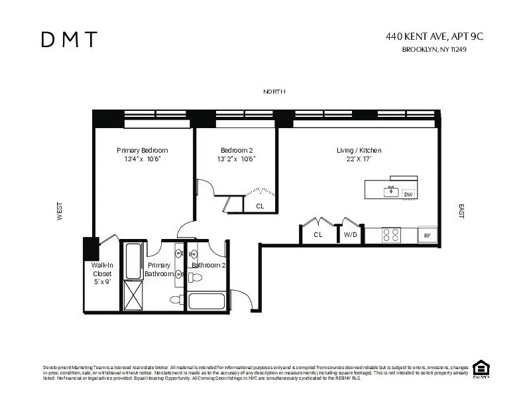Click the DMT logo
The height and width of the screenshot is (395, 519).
pyautogui.click(x=69, y=40)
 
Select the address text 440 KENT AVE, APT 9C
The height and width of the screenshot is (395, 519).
pyautogui.click(x=434, y=37)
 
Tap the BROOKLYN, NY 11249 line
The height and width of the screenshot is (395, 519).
pyautogui.click(x=434, y=49)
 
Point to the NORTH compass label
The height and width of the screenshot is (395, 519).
pyautogui.click(x=274, y=92)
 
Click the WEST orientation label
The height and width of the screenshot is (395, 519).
pyautogui.click(x=60, y=212)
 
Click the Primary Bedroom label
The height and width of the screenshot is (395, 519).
pyautogui.click(x=142, y=151)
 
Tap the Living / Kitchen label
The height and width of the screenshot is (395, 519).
pyautogui.click(x=359, y=151)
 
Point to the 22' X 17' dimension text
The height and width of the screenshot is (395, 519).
pyautogui.click(x=359, y=159)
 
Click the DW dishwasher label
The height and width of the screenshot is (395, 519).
pyautogui.click(x=408, y=194)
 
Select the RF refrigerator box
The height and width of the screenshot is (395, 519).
pyautogui.click(x=428, y=236)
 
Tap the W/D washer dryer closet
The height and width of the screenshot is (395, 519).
pyautogui.click(x=351, y=235)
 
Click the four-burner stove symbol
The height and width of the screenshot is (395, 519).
pyautogui.click(x=392, y=235)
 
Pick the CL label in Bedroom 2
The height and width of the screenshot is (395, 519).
pyautogui.click(x=260, y=206)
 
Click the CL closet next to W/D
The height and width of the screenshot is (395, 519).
pyautogui.click(x=318, y=235)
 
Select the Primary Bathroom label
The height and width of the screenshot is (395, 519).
pyautogui.click(x=158, y=269)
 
